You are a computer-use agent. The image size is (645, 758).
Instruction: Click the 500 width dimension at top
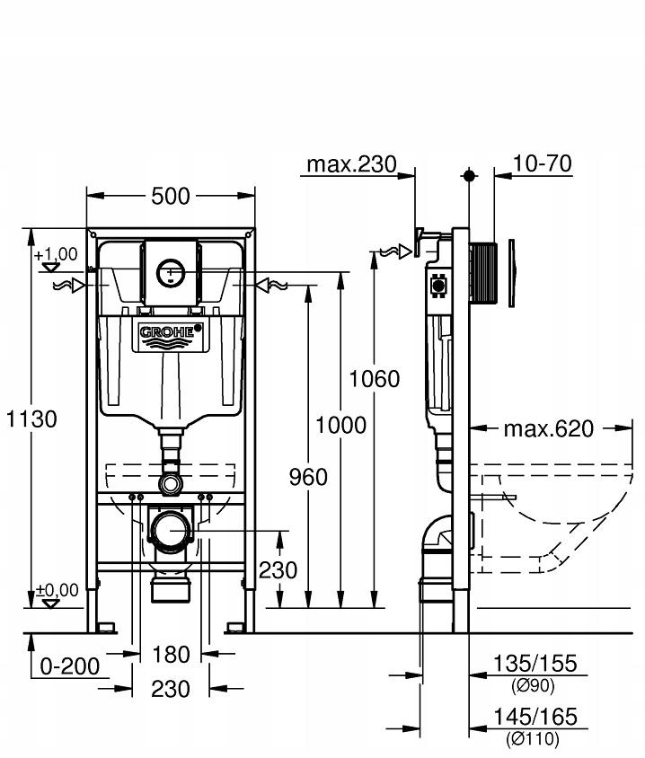click(171, 195)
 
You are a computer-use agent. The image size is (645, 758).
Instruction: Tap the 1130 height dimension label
click(31, 419)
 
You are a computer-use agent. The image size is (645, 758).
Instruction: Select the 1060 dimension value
click(375, 379)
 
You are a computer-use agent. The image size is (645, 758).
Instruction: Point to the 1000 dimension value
click(341, 425)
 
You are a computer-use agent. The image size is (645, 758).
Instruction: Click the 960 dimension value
click(307, 477)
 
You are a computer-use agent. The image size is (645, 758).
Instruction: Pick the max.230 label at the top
click(351, 164)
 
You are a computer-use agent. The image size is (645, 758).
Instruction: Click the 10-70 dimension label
click(543, 163)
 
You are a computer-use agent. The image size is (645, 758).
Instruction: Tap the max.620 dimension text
click(548, 428)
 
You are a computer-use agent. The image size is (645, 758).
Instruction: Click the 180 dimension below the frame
click(170, 655)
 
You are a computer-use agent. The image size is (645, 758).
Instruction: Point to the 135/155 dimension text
click(534, 664)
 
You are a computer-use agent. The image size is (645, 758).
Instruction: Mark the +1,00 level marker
click(56, 256)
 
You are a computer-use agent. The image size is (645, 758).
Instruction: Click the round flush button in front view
click(170, 270)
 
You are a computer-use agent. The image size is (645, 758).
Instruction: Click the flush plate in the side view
click(511, 274)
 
